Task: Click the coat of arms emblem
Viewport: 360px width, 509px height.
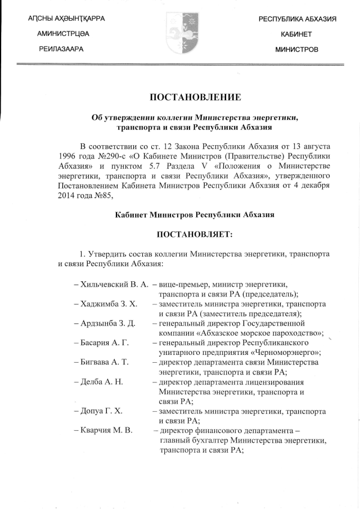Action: tap(180, 35)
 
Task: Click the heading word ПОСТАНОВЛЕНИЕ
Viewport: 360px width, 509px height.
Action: tap(195, 98)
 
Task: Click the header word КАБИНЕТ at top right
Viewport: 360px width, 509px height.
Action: tap(296, 35)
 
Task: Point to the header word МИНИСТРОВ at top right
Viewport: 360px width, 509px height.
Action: tap(296, 50)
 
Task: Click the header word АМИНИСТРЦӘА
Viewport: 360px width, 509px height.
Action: tap(63, 35)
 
